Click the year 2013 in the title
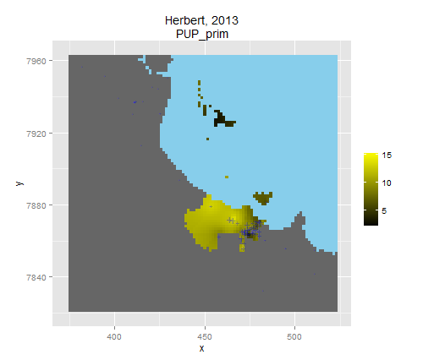point(225,20)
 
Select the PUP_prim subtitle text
point(202,35)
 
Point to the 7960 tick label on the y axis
point(36,61)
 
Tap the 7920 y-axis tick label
point(36,134)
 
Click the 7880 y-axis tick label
point(36,205)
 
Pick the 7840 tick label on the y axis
point(36,277)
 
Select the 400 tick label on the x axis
point(114,336)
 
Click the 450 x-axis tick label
point(205,336)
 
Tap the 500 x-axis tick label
point(294,336)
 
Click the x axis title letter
point(201,349)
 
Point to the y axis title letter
point(19,183)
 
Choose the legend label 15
point(387,155)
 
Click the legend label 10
point(387,183)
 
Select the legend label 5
point(384,210)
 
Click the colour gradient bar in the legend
point(371,189)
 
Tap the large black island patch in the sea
point(222,119)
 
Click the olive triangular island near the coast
point(263,198)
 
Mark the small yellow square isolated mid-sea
point(227,177)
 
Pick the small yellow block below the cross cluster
point(242,248)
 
